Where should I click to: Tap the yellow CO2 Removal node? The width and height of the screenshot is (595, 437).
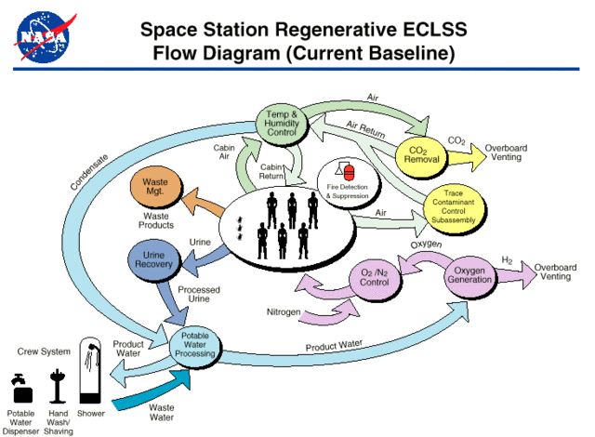tap(423, 155)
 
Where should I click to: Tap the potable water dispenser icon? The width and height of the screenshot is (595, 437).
tap(20, 390)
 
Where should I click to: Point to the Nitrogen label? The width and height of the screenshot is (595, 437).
tap(283, 312)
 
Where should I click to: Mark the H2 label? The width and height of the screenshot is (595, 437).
tap(508, 260)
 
